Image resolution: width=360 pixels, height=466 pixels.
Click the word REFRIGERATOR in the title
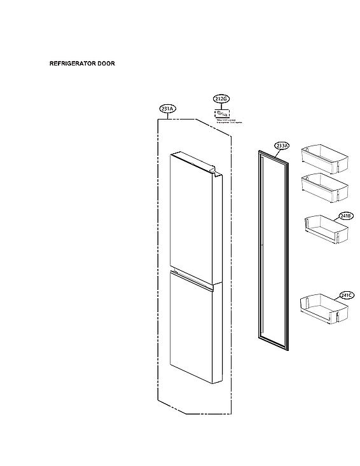pos(72,64)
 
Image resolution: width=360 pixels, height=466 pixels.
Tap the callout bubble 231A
pos(168,109)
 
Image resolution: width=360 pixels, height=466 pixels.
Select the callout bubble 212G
pos(221,99)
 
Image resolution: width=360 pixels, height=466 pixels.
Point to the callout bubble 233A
pos(282,146)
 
